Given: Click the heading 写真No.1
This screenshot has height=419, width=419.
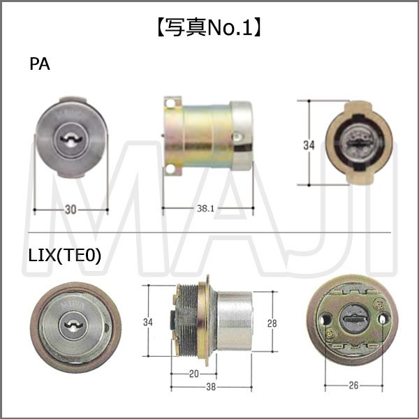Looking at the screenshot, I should point(209,28).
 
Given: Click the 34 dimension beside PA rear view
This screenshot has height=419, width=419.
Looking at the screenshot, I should point(308,145).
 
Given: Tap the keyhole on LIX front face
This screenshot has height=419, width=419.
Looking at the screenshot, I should point(72,324).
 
